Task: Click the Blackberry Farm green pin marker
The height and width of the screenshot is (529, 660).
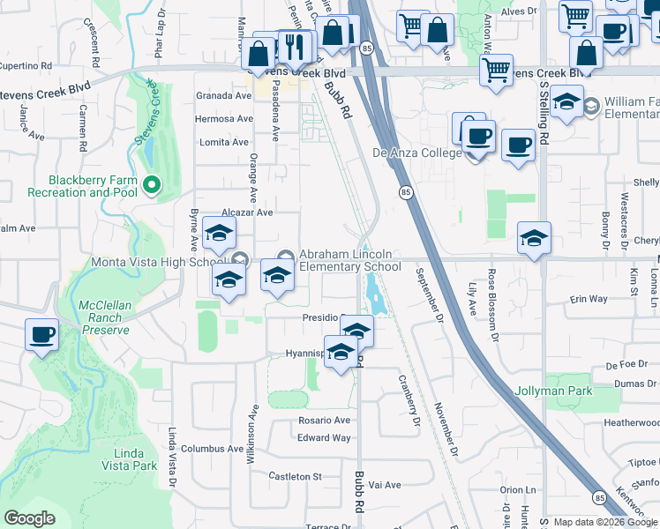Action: [x=151, y=184]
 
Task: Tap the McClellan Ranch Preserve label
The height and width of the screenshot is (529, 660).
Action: [x=105, y=317]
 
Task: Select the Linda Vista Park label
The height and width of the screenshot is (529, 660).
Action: [x=129, y=458]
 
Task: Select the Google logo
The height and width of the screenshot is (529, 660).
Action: [x=29, y=518]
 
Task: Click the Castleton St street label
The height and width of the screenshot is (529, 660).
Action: [x=295, y=476]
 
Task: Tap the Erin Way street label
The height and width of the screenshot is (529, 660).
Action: [x=589, y=300]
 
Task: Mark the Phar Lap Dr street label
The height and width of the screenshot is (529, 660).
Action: [x=161, y=36]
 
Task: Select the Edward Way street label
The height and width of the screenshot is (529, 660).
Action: [x=324, y=438]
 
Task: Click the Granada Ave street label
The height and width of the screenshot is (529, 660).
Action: [x=224, y=95]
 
